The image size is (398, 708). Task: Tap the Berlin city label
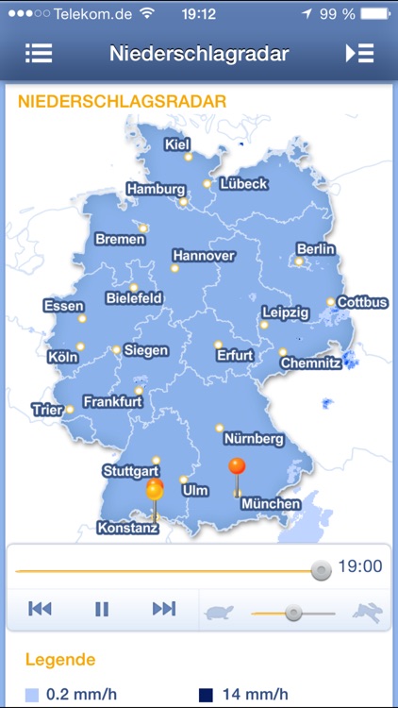316,248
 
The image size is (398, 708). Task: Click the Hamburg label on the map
156,189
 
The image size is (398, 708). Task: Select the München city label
271,504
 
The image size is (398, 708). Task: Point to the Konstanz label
127,528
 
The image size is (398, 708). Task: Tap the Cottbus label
362,303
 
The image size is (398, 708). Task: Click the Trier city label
46,410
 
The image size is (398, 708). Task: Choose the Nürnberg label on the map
254,439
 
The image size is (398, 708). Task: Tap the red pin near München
237,466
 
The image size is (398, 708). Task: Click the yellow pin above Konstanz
155,491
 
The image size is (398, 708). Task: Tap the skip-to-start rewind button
40,609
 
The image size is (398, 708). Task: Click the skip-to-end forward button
164,609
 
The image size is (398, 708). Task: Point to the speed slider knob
293,613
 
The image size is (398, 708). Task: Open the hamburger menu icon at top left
39,53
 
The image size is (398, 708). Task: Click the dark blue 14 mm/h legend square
206,696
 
